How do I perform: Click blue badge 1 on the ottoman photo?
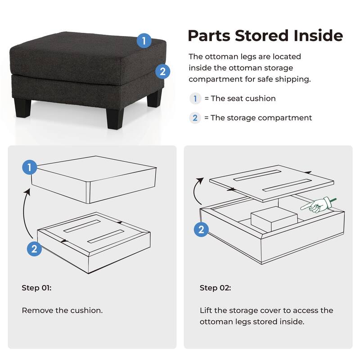pos(144,41)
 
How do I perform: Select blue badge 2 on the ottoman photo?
pos(162,71)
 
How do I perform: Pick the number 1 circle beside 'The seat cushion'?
pos(195,98)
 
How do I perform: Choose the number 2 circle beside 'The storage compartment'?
pos(195,118)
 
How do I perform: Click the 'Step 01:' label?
pos(36,288)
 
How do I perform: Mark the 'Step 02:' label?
pos(215,288)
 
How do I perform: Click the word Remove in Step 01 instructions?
pos(36,310)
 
